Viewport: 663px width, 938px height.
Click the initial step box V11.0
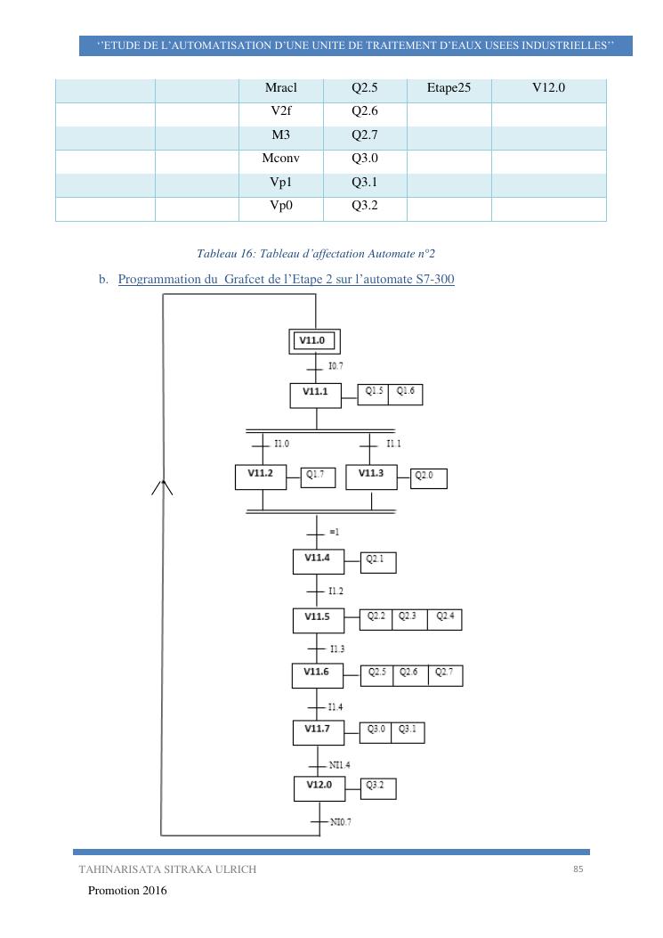click(x=316, y=340)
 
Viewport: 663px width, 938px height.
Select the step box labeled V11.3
click(x=371, y=476)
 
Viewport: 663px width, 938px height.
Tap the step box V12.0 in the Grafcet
click(x=319, y=787)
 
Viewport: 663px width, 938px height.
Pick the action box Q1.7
click(x=318, y=477)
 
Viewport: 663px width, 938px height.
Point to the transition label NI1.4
click(x=341, y=764)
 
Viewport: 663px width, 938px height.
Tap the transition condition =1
click(x=336, y=533)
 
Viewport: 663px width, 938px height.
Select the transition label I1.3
click(x=337, y=648)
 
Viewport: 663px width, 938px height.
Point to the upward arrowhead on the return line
click(x=162, y=485)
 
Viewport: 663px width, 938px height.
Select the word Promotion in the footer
click(x=117, y=891)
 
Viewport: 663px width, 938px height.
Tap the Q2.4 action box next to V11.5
click(x=445, y=618)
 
